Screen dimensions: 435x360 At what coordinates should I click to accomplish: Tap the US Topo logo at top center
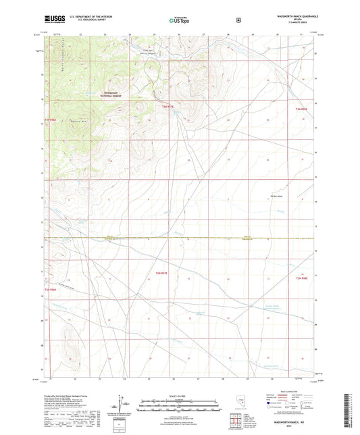[179, 20]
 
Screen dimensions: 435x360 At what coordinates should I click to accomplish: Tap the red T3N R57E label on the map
[168, 106]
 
